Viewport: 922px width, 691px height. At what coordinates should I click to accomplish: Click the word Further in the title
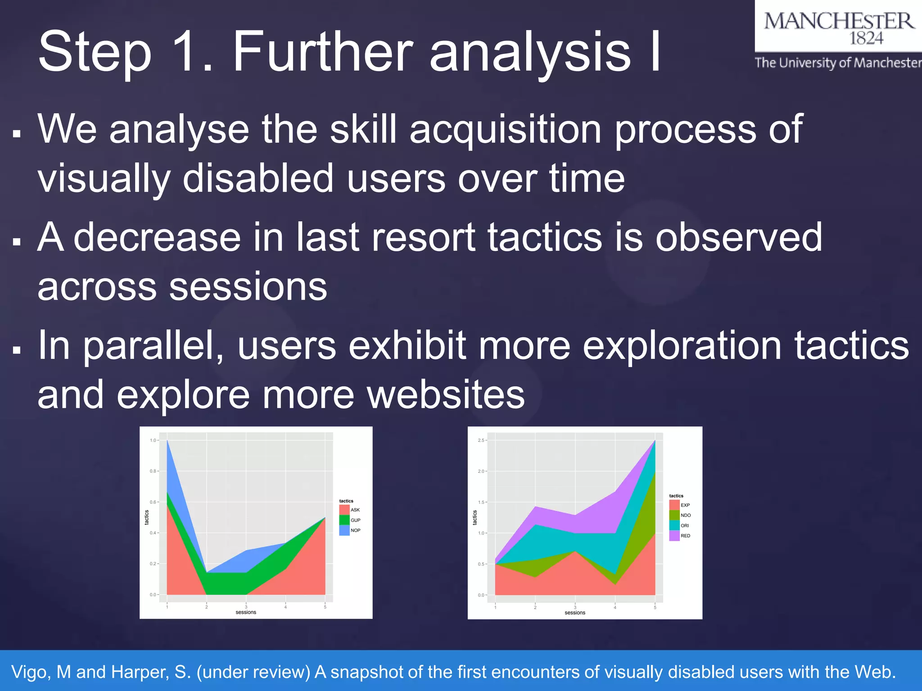(322, 52)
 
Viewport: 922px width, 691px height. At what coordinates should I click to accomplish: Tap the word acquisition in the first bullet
(506, 130)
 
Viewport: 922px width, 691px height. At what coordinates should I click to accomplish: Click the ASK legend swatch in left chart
(344, 510)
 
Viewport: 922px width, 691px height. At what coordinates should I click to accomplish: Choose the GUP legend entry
(350, 520)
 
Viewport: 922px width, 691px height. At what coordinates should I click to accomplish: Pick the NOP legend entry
(350, 530)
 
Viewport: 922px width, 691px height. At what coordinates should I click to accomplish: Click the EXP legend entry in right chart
(680, 505)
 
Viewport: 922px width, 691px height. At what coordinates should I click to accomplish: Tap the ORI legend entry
(680, 525)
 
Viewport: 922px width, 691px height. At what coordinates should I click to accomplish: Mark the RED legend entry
(680, 536)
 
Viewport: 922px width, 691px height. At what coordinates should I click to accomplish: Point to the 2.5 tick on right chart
(481, 440)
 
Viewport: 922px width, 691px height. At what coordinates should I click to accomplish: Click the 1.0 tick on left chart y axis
(153, 440)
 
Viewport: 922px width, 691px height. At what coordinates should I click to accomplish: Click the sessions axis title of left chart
(246, 612)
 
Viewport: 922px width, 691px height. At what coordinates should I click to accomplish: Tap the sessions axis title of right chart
(575, 613)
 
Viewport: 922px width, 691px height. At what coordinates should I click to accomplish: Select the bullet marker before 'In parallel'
(17, 350)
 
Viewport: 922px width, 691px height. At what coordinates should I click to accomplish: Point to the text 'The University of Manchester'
(838, 63)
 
